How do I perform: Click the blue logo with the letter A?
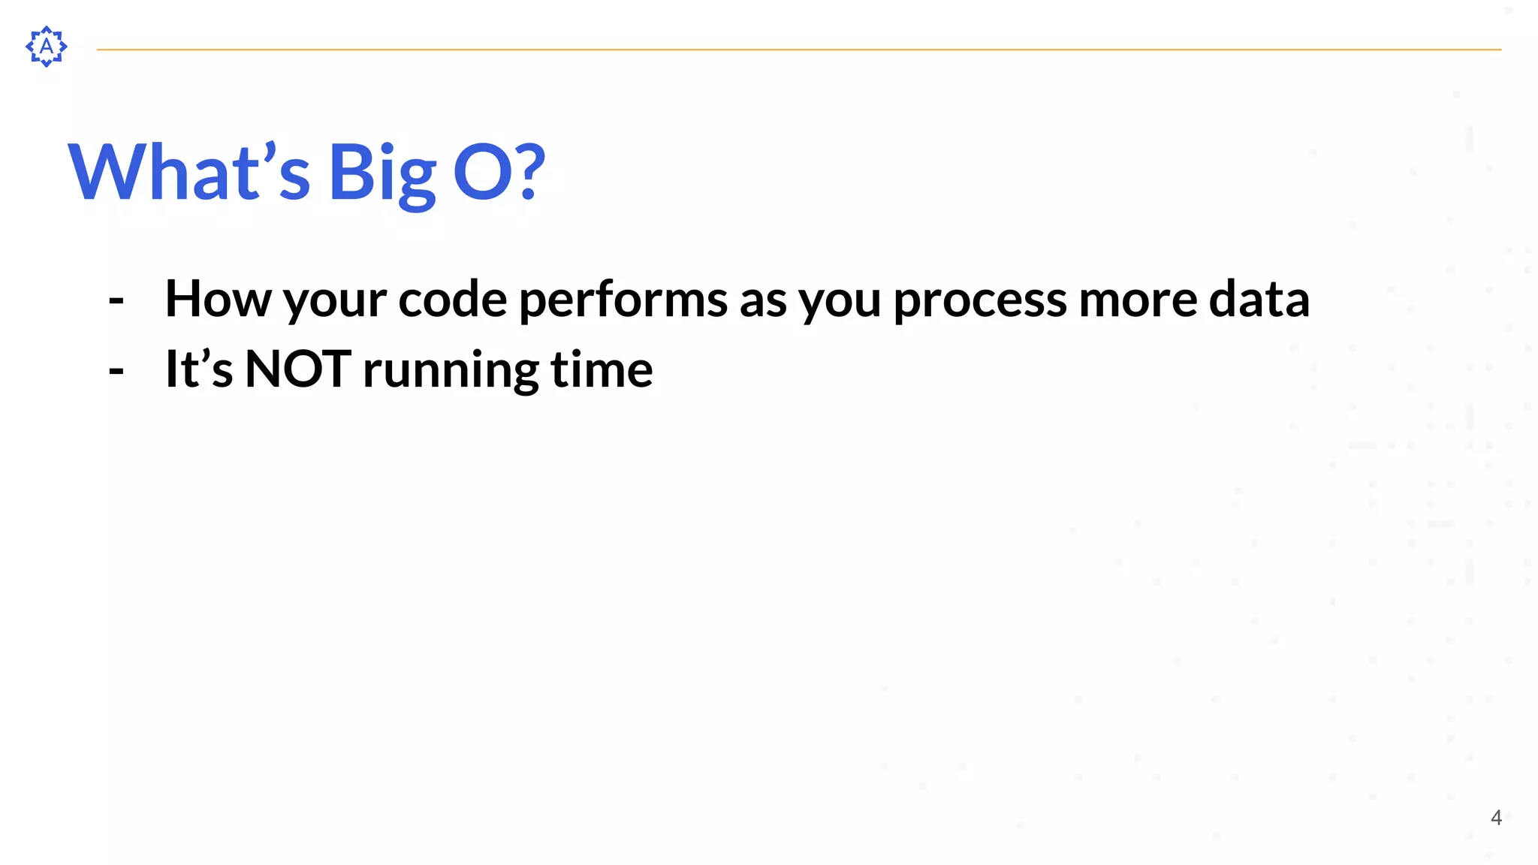click(x=47, y=47)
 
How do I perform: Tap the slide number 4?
click(x=1495, y=817)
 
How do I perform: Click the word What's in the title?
click(x=188, y=173)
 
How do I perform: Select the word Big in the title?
click(x=382, y=174)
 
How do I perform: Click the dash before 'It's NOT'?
click(x=116, y=370)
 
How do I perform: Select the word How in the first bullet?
click(x=218, y=299)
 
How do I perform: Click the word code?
click(x=452, y=299)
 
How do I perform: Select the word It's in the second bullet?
click(x=199, y=369)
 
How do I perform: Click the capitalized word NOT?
click(x=297, y=369)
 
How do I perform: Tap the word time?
click(x=602, y=369)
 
